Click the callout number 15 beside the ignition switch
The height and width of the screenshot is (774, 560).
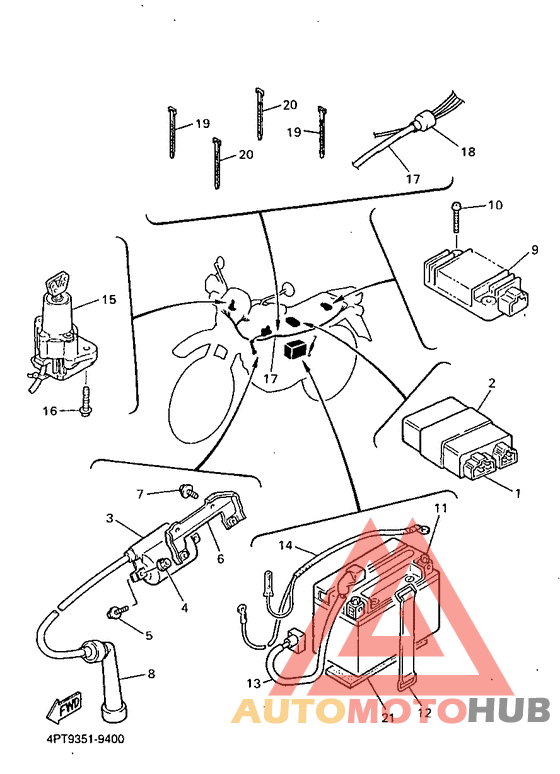(109, 300)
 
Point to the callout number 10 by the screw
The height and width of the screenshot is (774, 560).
(494, 205)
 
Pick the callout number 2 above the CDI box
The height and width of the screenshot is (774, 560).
(492, 383)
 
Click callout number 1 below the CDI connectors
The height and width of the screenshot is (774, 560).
(518, 493)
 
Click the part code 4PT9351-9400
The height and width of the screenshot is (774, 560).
(85, 739)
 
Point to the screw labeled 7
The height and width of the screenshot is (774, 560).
(189, 492)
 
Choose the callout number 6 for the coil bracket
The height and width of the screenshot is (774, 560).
(220, 558)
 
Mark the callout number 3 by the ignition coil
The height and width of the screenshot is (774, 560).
(110, 518)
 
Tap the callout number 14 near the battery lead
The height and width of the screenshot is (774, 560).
(285, 545)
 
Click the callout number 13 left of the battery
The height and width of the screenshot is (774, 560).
(254, 684)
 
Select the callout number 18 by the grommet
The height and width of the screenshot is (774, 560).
(468, 151)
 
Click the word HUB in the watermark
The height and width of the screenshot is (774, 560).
(509, 710)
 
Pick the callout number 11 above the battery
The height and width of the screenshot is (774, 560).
(441, 508)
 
